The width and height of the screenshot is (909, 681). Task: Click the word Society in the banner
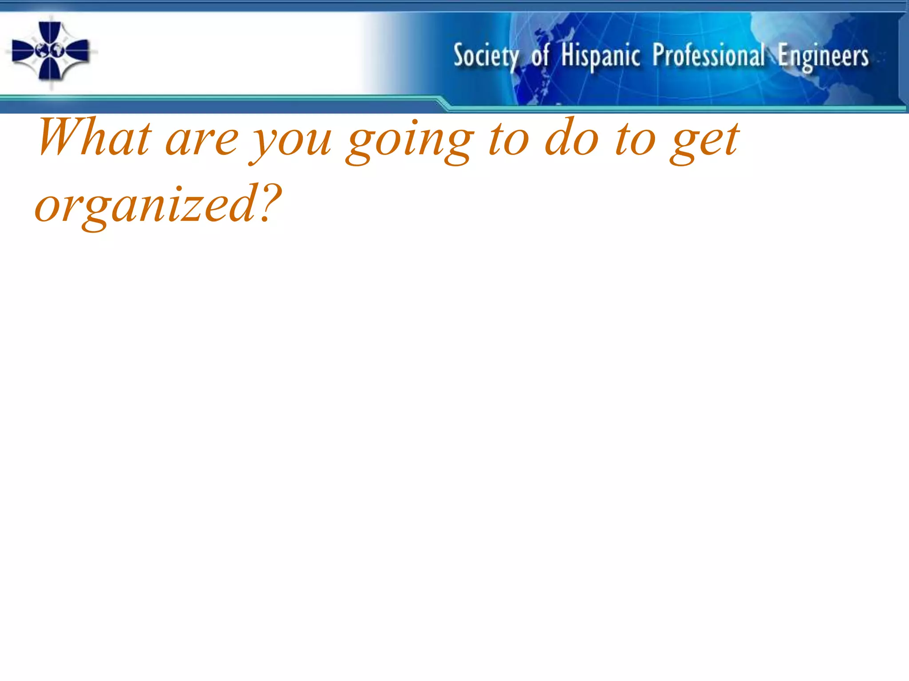point(486,56)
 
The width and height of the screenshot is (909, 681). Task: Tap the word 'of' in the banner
point(540,56)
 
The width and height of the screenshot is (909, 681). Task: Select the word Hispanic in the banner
point(601,56)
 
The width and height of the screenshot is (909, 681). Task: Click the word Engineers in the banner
point(823,57)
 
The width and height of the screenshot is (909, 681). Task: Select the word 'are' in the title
point(202,141)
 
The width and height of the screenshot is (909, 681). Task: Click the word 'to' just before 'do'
point(509,139)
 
